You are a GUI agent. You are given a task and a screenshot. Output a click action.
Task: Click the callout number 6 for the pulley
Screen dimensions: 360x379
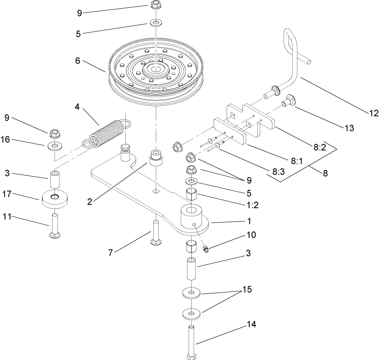point(77,60)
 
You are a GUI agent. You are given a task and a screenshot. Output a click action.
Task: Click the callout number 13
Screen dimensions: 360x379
point(349,128)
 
